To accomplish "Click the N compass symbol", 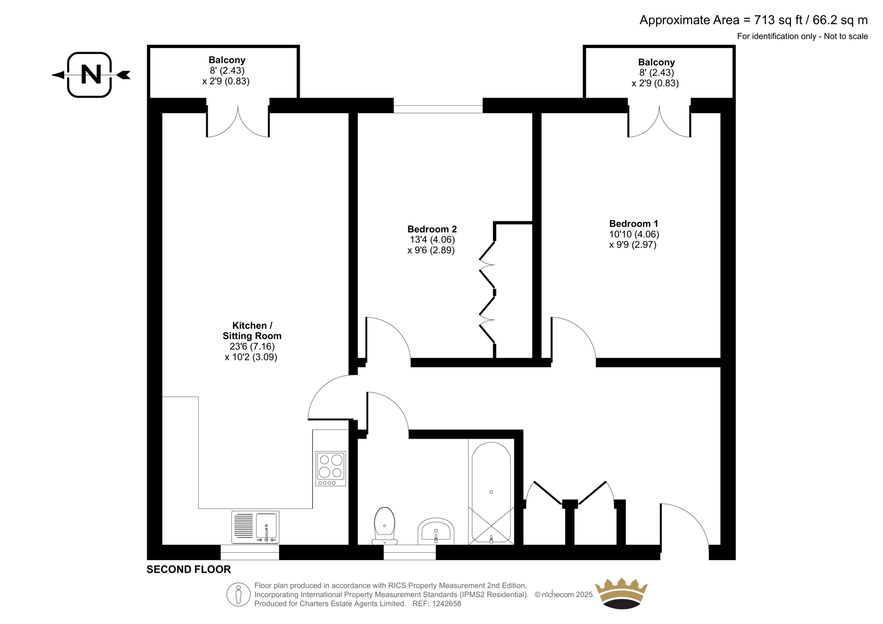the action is (91, 74).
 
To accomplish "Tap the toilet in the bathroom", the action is (384, 526).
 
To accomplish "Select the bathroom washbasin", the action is (435, 531).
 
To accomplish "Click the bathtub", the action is (491, 493).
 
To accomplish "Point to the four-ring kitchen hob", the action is (331, 469).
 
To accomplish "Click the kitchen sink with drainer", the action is (256, 527).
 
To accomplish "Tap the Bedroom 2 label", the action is (432, 229).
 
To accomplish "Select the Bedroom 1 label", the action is (634, 223).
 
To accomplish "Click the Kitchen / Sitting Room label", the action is (252, 330).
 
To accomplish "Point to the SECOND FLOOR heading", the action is (188, 569).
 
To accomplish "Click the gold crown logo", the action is (621, 594).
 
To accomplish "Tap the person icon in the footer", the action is (238, 594).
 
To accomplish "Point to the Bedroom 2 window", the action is (438, 109).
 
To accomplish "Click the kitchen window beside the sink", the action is (250, 552).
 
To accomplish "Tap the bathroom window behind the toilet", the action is (409, 552).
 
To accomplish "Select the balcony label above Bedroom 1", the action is (656, 62).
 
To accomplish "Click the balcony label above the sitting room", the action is (227, 60).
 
